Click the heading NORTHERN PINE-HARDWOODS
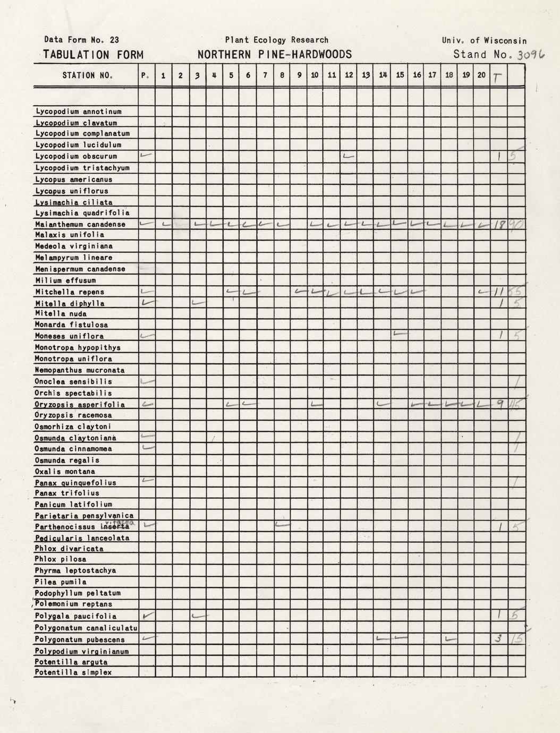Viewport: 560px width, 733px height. point(274,54)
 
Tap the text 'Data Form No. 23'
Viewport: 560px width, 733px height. point(81,39)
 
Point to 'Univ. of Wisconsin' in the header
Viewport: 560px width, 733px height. point(484,40)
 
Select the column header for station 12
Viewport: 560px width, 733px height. point(349,75)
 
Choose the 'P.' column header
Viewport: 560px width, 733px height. point(146,75)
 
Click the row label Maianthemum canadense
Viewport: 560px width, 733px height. point(80,224)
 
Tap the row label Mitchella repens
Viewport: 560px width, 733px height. point(70,292)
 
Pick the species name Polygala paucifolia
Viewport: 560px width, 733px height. point(75,616)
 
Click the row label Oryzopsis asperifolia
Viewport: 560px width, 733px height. point(80,404)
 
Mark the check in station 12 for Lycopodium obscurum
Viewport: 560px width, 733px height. point(349,156)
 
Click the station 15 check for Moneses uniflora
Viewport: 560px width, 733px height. point(400,334)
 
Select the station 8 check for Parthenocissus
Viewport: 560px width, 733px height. point(282,525)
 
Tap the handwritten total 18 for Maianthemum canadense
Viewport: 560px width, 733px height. point(498,225)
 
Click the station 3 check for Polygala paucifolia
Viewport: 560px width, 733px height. point(199,616)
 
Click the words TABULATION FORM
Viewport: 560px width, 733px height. point(93,55)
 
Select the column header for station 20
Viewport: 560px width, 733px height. point(481,75)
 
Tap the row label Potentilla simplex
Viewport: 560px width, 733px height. point(73,672)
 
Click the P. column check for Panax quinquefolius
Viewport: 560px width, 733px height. point(147,481)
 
